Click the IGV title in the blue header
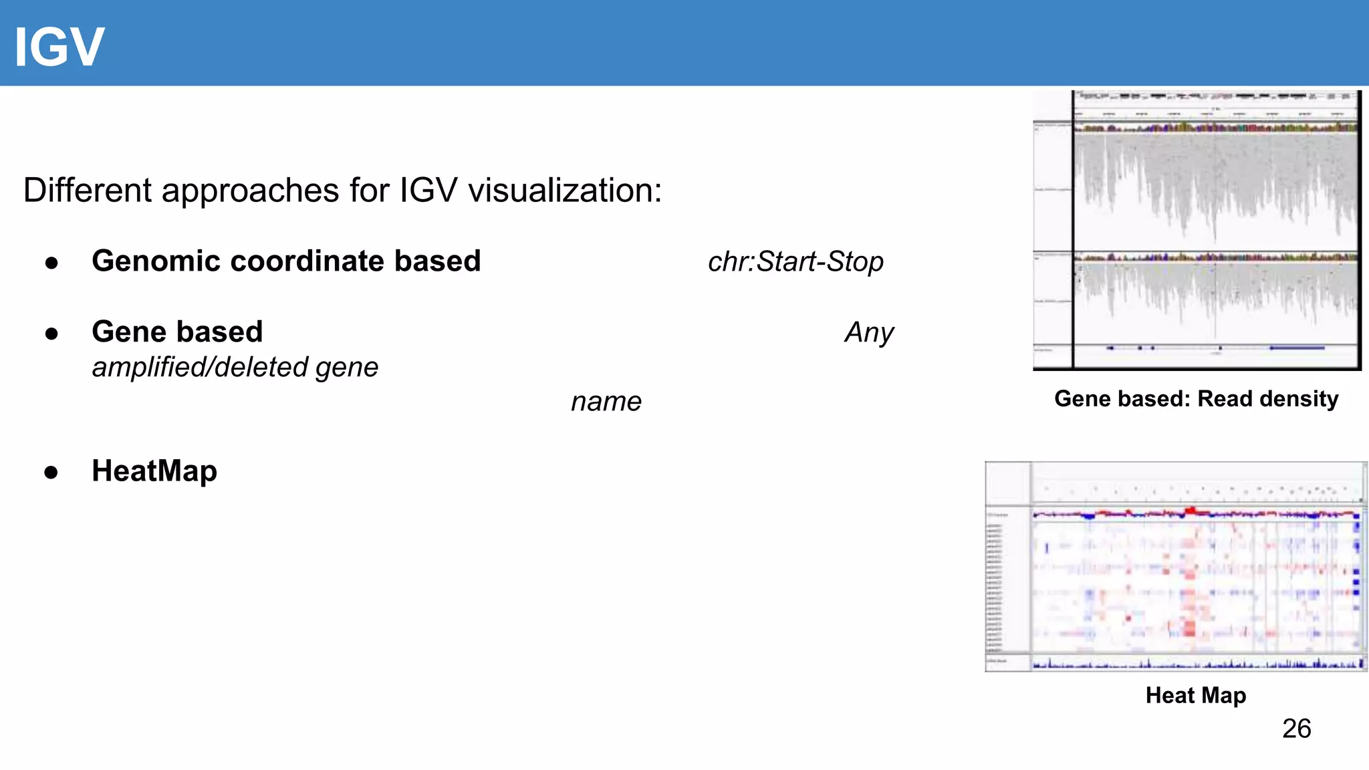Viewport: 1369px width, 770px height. (59, 47)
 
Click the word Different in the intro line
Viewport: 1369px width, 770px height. (88, 190)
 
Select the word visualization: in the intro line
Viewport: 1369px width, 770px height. (565, 190)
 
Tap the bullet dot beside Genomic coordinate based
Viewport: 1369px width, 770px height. (51, 263)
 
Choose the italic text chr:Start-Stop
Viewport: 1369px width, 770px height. (795, 262)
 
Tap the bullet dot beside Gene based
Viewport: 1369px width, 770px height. (51, 333)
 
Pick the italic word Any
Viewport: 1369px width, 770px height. (869, 333)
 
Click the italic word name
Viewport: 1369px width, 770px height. (606, 402)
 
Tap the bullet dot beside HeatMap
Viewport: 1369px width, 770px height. (51, 473)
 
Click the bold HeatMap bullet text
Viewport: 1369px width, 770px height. (154, 471)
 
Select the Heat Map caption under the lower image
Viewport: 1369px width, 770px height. (1196, 696)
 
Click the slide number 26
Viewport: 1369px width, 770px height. (1296, 729)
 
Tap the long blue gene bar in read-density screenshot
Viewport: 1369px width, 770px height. (1297, 348)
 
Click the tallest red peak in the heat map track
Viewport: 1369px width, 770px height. (1191, 511)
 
